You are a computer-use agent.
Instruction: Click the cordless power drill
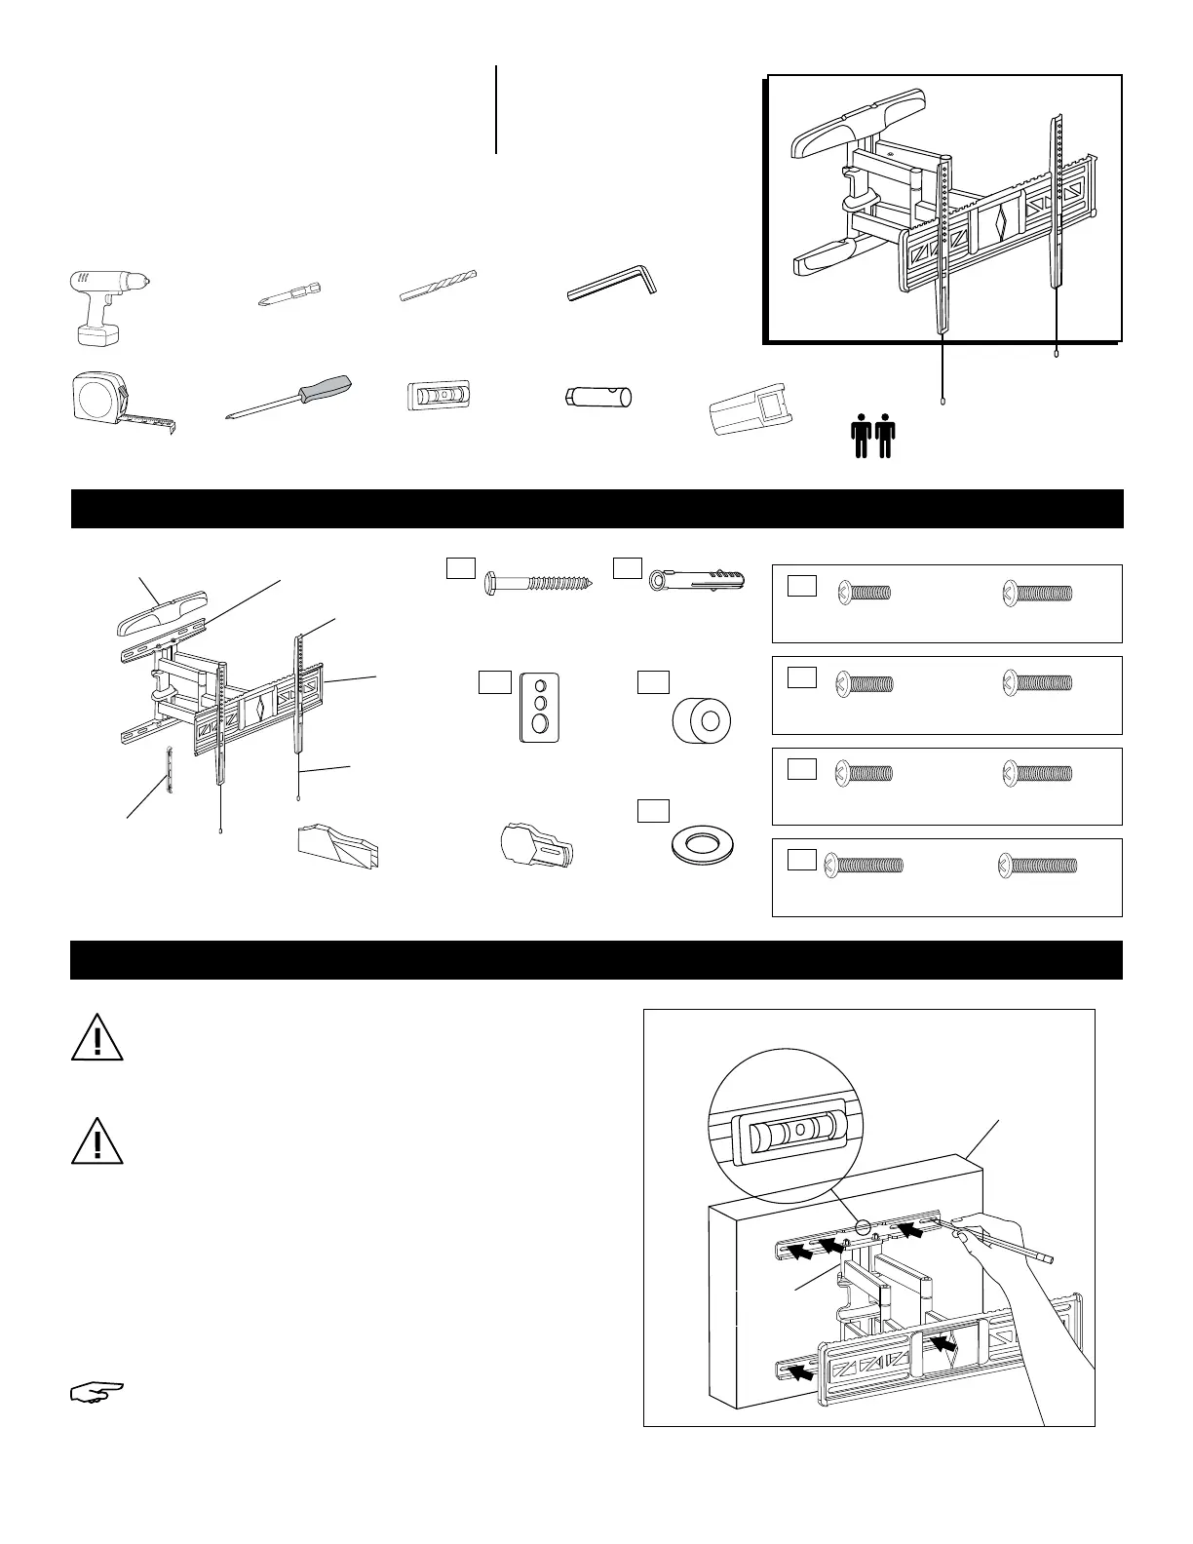(105, 303)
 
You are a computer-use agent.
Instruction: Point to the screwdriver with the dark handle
(289, 399)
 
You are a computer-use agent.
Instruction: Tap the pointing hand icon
(97, 1392)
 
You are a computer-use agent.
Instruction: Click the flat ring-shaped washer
(702, 844)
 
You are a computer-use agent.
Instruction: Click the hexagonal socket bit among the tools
(598, 398)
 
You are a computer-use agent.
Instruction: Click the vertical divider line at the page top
(496, 109)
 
